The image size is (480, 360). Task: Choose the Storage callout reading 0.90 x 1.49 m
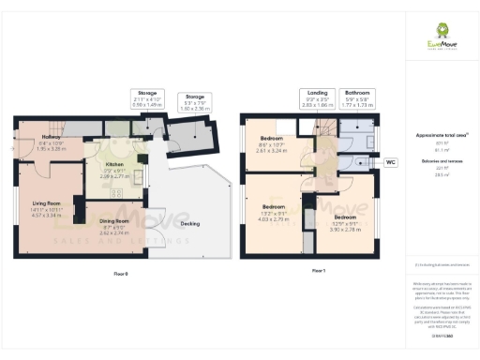pos(146,98)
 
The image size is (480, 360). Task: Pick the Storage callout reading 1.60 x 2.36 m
pos(194,101)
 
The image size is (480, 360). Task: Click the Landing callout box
pos(319,98)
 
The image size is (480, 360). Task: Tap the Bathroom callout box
pos(359,98)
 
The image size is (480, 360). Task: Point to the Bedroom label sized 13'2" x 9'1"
pos(274,211)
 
